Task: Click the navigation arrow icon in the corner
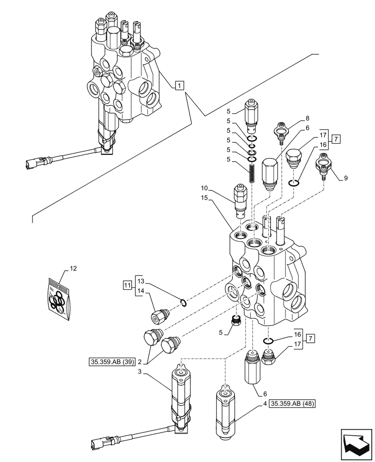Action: (355, 445)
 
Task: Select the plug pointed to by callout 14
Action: (160, 316)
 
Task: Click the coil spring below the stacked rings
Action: (251, 173)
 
